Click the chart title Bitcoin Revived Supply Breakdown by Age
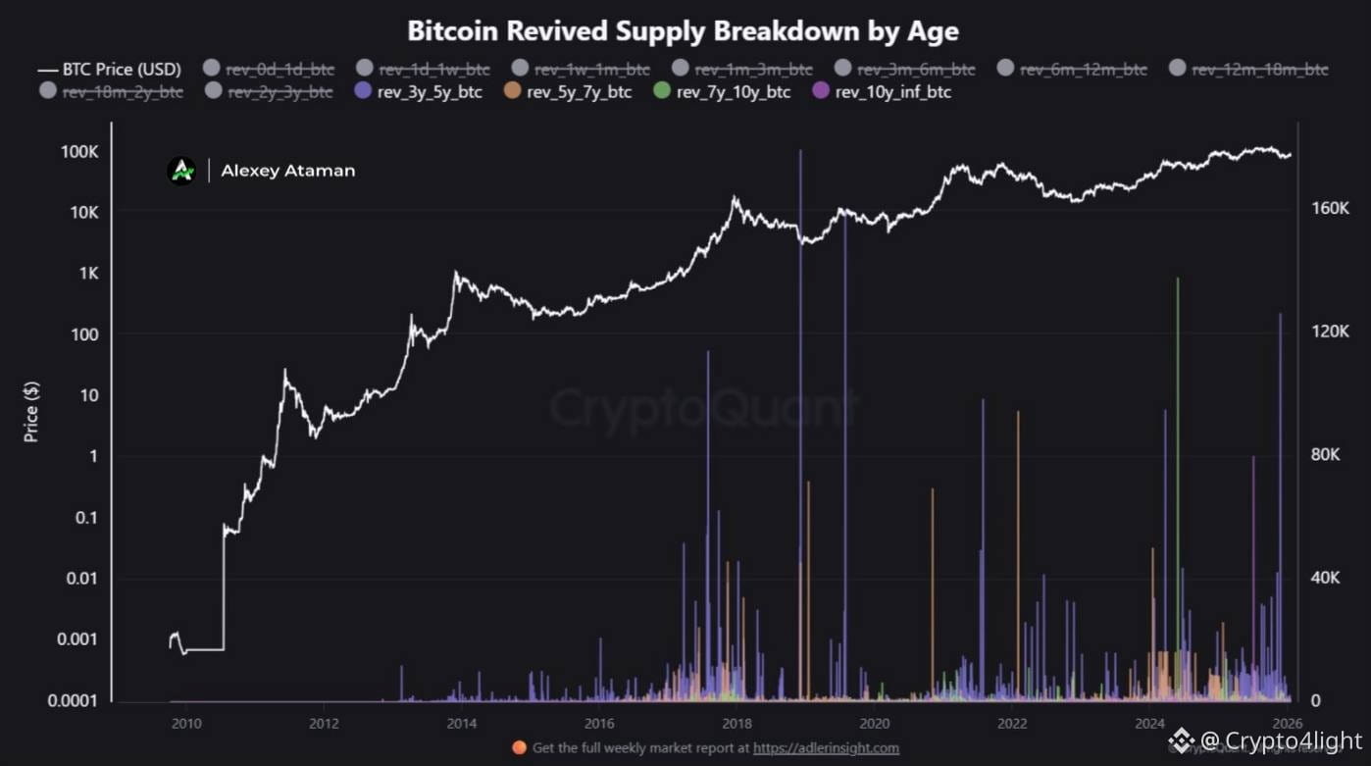pyautogui.click(x=683, y=30)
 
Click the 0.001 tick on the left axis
pyautogui.click(x=76, y=638)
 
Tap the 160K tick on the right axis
pyautogui.click(x=1331, y=209)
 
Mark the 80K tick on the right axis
pyautogui.click(x=1331, y=455)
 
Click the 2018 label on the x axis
pyautogui.click(x=736, y=724)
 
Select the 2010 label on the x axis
pyautogui.click(x=185, y=724)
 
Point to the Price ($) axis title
pyautogui.click(x=31, y=412)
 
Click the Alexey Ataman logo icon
pyautogui.click(x=181, y=171)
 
